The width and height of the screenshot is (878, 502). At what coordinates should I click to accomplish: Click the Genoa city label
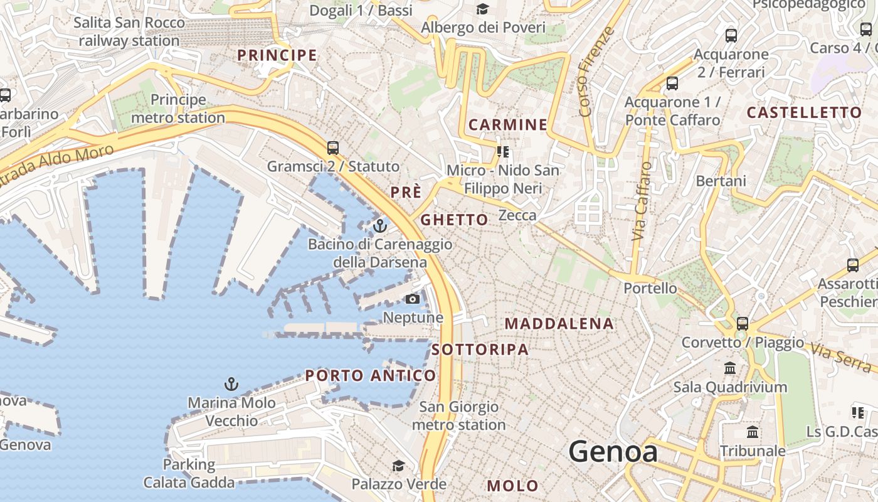(613, 452)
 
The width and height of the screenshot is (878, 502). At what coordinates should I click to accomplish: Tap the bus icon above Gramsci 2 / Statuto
(333, 148)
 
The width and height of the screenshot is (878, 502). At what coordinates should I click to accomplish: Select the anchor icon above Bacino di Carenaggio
(380, 226)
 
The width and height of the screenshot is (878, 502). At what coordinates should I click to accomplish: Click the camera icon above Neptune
(413, 299)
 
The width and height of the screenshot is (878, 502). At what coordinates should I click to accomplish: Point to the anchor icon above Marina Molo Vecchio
(231, 383)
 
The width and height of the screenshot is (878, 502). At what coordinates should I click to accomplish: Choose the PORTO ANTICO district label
(370, 376)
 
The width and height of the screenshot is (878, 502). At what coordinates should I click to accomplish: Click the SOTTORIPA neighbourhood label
(480, 350)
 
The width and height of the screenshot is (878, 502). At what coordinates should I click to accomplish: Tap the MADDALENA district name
(559, 324)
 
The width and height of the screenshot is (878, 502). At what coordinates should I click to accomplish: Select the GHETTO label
(454, 220)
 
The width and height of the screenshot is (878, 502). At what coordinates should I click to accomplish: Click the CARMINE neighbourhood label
(508, 124)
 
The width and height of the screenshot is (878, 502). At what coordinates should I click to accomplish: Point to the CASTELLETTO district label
(804, 113)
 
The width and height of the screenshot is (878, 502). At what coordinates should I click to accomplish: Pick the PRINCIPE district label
(277, 55)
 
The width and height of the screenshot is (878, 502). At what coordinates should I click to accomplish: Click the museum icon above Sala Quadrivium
(730, 368)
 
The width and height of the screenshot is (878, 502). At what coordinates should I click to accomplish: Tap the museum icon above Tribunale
(753, 432)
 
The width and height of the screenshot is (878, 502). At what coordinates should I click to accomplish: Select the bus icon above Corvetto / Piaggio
(743, 324)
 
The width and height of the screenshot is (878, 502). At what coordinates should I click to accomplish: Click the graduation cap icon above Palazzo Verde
(398, 466)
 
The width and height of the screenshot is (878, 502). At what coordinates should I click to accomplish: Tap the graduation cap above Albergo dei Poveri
(482, 9)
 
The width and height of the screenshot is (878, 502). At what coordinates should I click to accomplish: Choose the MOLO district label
(512, 486)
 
